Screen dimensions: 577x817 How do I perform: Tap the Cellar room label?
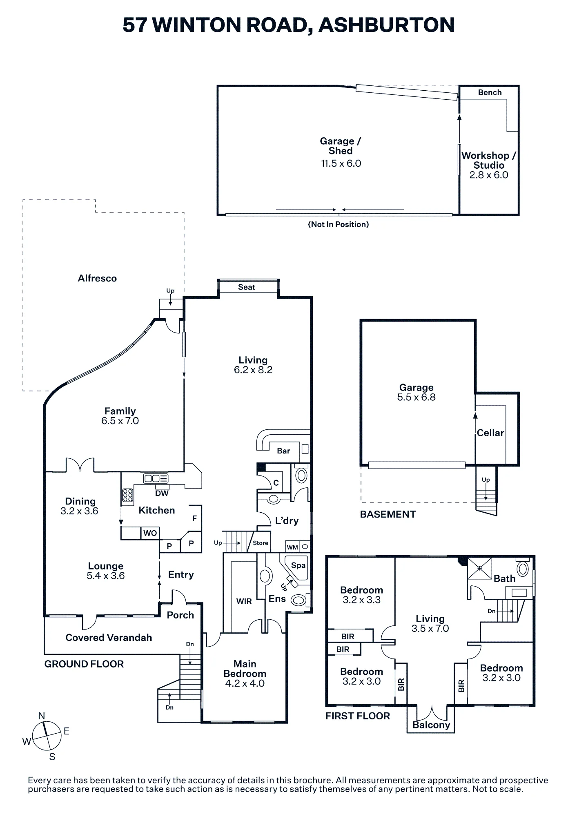click(490, 433)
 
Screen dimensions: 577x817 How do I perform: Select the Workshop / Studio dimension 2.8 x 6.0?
click(489, 175)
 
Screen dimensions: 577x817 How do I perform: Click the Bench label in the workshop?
click(490, 93)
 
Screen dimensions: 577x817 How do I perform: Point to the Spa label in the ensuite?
click(298, 565)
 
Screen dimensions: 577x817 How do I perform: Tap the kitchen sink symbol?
click(156, 478)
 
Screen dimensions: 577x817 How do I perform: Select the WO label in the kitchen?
click(150, 533)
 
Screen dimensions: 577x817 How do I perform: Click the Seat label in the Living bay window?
click(247, 287)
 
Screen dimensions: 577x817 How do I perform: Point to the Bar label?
click(283, 451)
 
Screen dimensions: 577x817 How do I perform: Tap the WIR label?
click(244, 601)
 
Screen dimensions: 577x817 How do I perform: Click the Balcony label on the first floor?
click(431, 725)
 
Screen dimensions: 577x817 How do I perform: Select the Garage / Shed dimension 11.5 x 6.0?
click(341, 164)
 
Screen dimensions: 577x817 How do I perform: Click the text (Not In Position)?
click(339, 224)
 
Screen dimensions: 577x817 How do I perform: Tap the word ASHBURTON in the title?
click(386, 25)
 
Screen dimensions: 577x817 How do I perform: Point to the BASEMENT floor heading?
click(388, 514)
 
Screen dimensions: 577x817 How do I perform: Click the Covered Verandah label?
click(109, 638)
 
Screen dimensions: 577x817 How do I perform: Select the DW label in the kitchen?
click(162, 493)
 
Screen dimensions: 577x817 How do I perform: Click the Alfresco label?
click(97, 279)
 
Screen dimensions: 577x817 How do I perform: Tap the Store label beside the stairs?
click(261, 543)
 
